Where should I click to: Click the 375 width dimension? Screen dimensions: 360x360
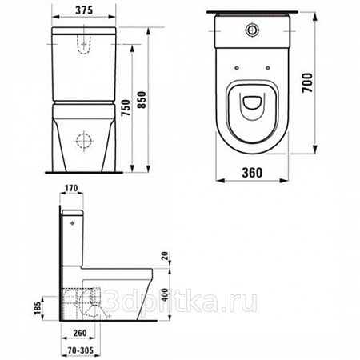point(84,10)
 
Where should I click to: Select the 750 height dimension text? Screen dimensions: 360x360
point(126,108)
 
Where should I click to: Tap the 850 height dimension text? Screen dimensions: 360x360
point(142,100)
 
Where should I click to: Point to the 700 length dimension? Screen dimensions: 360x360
point(307,82)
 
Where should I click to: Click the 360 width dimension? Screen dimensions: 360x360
point(252,173)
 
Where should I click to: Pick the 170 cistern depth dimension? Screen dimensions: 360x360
point(70,188)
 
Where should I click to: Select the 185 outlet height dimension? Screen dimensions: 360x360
point(38,308)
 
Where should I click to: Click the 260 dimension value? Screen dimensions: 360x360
point(80,333)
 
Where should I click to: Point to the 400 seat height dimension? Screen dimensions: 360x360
point(166,294)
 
